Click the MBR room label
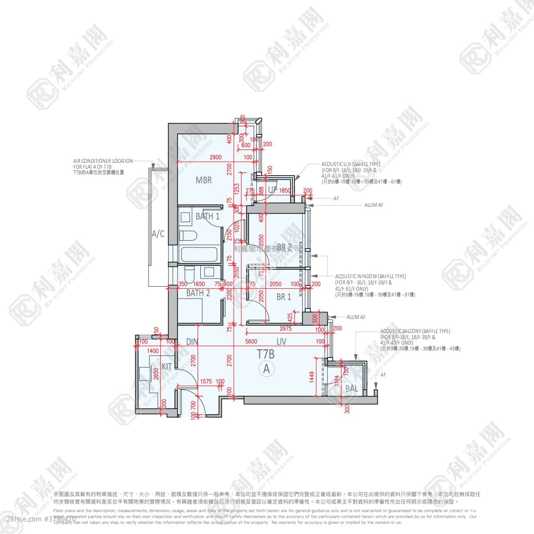(203, 180)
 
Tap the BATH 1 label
(207, 217)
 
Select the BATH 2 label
(198, 293)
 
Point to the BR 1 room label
(283, 297)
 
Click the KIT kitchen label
(167, 367)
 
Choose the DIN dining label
(192, 342)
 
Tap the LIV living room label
(281, 342)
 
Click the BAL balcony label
(352, 388)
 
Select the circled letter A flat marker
(267, 368)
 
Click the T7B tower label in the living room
(266, 354)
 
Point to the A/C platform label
(158, 234)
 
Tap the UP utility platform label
(273, 190)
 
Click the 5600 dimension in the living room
(251, 342)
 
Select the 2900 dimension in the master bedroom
(215, 157)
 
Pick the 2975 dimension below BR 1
(286, 329)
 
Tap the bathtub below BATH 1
(199, 255)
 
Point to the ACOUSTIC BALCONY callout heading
(415, 331)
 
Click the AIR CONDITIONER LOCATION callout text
(103, 161)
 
